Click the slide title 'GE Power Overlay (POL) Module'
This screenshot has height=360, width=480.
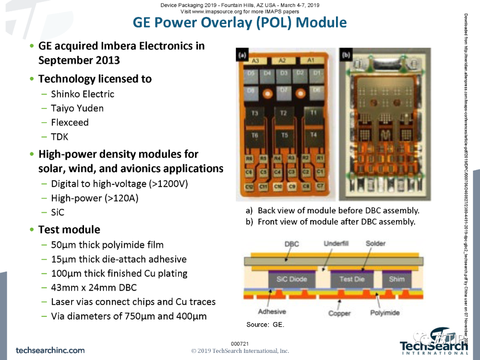click(x=240, y=23)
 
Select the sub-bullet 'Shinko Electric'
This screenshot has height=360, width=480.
click(x=82, y=94)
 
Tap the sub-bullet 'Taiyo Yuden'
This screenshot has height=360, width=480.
click(x=77, y=108)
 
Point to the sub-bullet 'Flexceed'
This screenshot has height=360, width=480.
click(x=70, y=123)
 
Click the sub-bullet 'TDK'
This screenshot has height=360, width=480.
click(x=60, y=137)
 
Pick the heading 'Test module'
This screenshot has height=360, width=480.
click(x=69, y=230)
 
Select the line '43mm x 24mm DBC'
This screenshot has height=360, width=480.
click(x=94, y=288)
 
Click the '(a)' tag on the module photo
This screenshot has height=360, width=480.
click(x=243, y=56)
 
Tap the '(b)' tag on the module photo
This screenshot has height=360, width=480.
click(x=346, y=56)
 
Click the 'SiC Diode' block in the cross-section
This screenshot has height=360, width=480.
click(x=292, y=279)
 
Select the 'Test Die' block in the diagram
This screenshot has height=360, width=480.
click(x=352, y=279)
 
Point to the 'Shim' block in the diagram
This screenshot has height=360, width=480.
click(x=397, y=279)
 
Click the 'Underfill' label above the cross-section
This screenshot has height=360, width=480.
click(x=336, y=244)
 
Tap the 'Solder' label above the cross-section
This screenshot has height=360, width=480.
click(x=376, y=244)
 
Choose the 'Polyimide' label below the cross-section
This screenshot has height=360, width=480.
click(x=385, y=313)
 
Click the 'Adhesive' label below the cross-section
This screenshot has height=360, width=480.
click(x=272, y=312)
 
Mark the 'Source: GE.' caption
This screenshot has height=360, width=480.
click(x=265, y=324)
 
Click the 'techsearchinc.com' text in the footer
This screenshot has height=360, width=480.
click(x=50, y=350)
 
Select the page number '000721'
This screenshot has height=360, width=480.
click(x=240, y=344)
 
